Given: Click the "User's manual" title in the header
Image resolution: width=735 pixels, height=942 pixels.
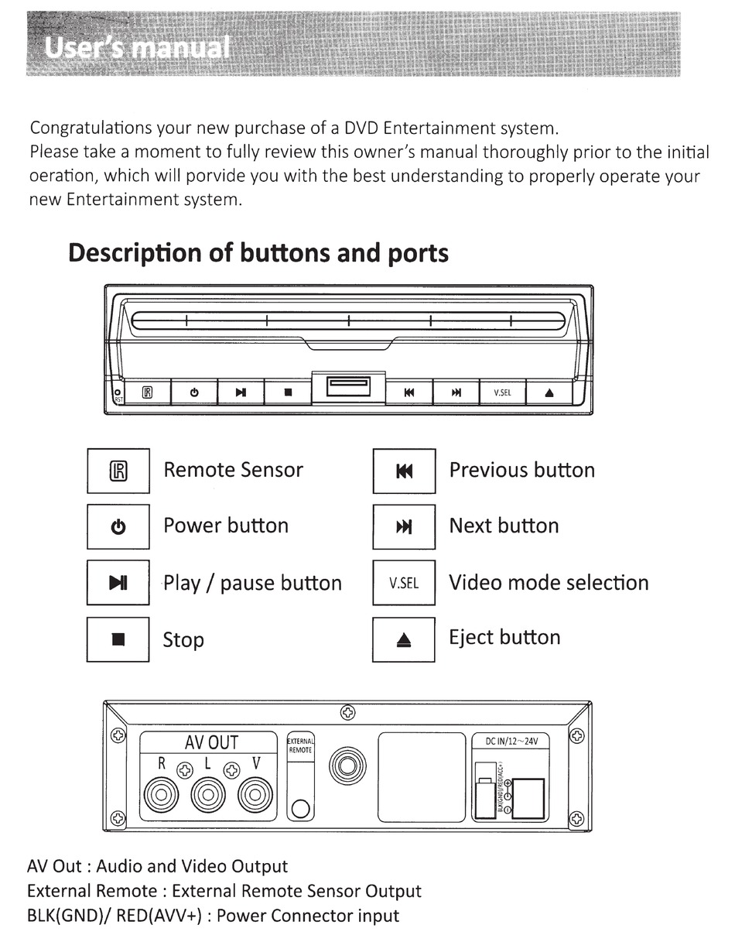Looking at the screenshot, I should pos(137,48).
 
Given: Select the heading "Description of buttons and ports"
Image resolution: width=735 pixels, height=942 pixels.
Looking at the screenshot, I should pos(258,253).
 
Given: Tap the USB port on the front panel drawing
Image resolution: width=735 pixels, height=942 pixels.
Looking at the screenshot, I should pos(348,386).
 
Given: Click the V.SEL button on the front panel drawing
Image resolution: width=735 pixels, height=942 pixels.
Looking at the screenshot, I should pos(502,392).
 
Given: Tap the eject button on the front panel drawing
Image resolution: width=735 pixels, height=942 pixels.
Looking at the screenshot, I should pos(549,392).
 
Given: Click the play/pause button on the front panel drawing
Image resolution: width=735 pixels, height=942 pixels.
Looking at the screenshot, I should pos(241,392).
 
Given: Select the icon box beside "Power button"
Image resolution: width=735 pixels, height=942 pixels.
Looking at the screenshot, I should pos(118,527).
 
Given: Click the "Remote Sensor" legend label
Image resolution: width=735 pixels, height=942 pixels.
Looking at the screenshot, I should pos(233,470).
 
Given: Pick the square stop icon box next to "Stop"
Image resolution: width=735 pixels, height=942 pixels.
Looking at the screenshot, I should pos(118,639).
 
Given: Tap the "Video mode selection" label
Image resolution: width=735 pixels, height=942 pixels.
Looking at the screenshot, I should pos(549,583).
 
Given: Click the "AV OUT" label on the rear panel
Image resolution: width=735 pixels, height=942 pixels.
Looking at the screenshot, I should pos(211,743).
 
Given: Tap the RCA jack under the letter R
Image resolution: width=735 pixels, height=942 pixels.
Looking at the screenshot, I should pos(162,795).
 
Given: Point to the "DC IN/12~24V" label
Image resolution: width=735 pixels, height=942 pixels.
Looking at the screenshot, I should pos(511,741).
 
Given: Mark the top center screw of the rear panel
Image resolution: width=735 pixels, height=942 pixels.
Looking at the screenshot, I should pos(348,711).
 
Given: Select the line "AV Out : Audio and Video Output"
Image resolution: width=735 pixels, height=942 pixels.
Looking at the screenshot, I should pos(157,866).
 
